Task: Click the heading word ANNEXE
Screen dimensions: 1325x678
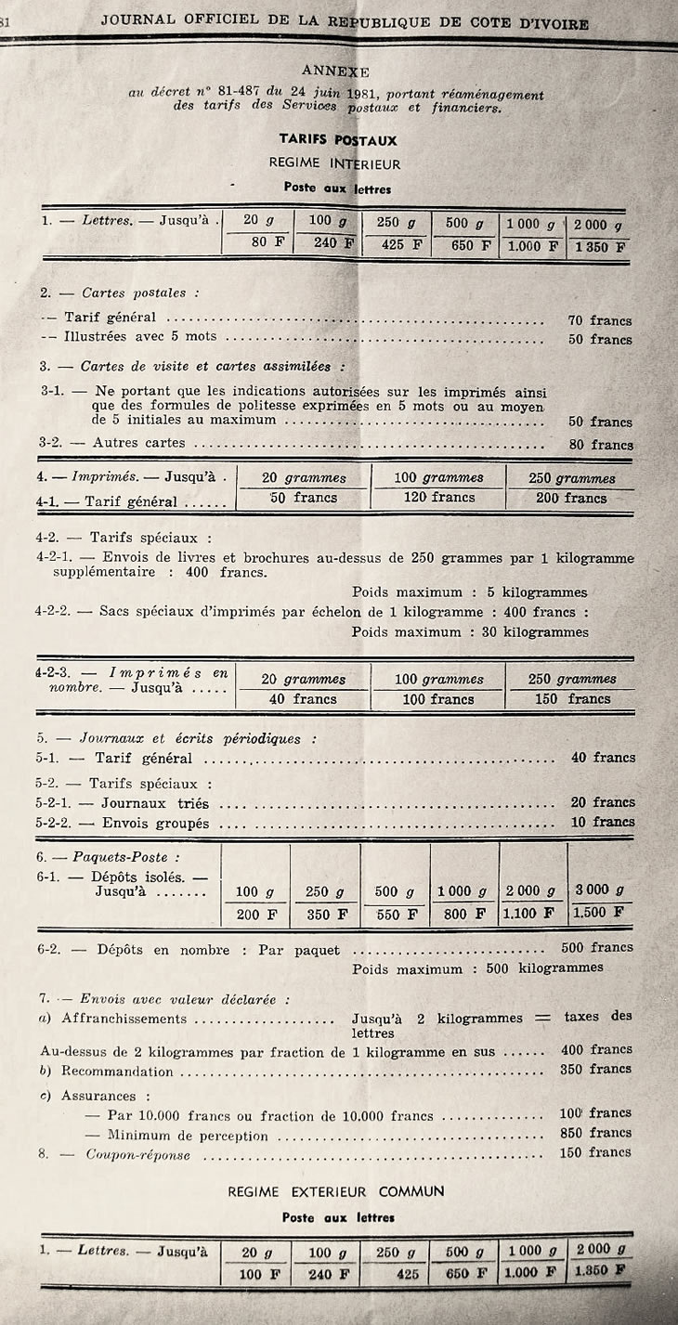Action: tap(335, 71)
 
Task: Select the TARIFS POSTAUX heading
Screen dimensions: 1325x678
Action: tap(338, 141)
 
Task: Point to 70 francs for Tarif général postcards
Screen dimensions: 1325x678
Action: tap(599, 320)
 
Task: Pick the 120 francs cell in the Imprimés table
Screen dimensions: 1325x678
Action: tap(438, 498)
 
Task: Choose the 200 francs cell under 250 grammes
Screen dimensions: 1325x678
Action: tap(570, 498)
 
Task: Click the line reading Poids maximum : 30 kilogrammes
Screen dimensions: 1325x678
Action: tap(470, 632)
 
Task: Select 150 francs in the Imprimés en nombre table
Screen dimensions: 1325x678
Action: tap(572, 699)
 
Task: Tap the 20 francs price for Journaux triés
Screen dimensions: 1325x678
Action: tap(602, 802)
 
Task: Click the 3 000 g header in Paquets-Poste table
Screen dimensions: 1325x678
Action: tap(599, 890)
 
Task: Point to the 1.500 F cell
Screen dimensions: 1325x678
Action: tap(599, 913)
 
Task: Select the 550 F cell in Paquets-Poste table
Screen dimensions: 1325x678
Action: tap(396, 914)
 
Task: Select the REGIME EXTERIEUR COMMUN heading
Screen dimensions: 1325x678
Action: tap(336, 1191)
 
